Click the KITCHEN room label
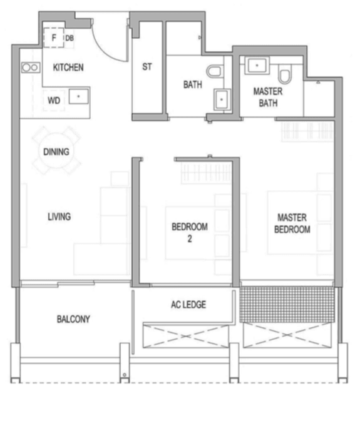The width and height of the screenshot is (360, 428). tap(68, 67)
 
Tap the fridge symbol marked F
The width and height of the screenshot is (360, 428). tap(54, 38)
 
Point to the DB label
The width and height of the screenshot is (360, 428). tap(69, 38)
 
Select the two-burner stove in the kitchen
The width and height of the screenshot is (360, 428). tap(30, 67)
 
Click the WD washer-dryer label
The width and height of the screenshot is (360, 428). tap(54, 101)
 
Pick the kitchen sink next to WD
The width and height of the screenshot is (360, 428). tap(79, 96)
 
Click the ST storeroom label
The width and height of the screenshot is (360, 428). tap(147, 66)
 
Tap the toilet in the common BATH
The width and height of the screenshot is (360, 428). tap(214, 71)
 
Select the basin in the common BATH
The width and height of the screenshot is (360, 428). tap(222, 99)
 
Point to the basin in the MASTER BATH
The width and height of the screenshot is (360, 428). tap(257, 66)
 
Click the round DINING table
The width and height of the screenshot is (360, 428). tap(56, 151)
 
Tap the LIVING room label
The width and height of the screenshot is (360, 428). tap(59, 217)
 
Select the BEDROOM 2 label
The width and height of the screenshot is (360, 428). tap(190, 232)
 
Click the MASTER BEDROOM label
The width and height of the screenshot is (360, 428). tap(292, 223)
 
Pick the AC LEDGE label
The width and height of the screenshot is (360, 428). tap(188, 304)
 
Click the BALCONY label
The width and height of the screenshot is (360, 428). tap(73, 319)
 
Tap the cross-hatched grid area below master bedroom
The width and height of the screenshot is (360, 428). tap(287, 304)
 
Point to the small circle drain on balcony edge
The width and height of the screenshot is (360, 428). tap(125, 375)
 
